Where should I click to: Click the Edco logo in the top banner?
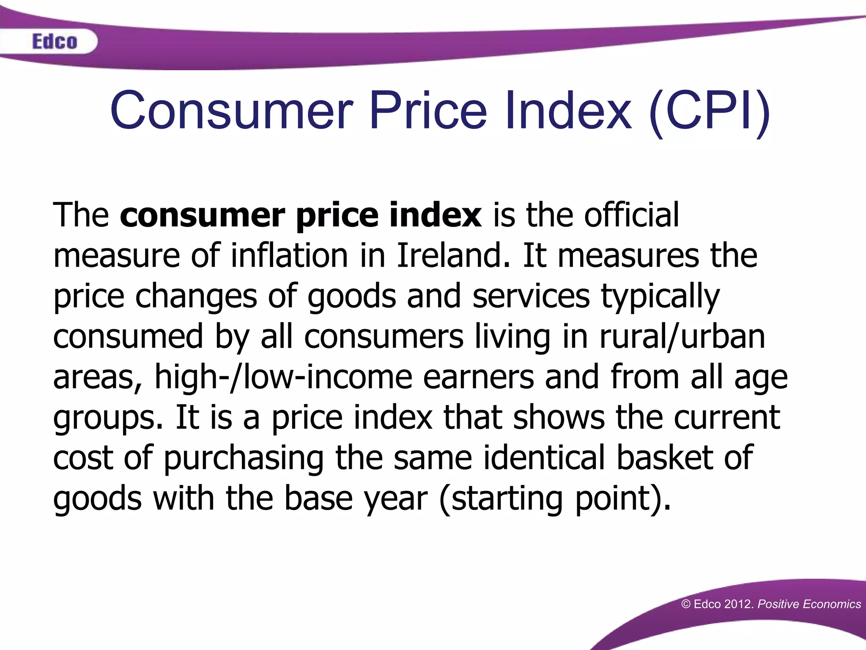pos(55,41)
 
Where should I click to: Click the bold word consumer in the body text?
pos(203,215)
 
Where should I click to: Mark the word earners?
pos(478,377)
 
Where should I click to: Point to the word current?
pos(727,418)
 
